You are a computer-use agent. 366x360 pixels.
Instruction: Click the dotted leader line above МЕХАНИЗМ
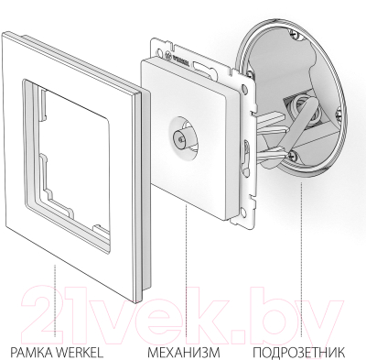pyautogui.click(x=187, y=266)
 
